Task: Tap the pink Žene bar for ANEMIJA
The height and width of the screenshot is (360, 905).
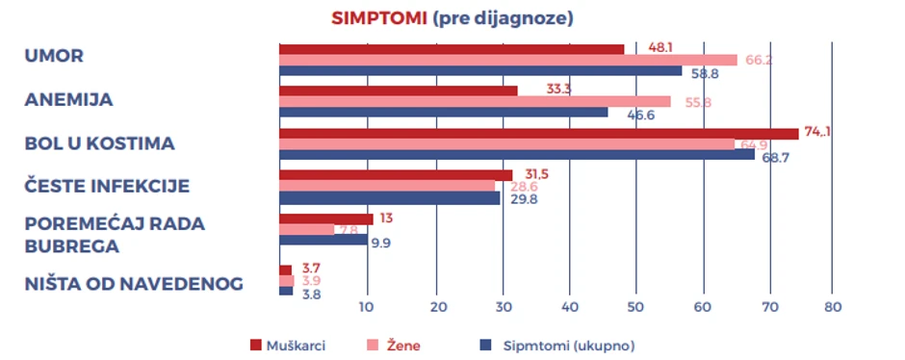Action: (474, 101)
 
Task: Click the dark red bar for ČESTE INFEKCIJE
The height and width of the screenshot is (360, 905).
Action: (395, 175)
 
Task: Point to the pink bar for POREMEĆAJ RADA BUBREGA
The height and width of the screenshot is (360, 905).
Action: (306, 230)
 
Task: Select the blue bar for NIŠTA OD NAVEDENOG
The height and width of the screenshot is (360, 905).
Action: (286, 291)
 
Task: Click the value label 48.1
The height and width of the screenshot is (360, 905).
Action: (659, 46)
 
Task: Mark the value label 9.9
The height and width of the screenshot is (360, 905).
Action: (380, 243)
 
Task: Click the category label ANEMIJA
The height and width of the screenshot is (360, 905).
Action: (68, 100)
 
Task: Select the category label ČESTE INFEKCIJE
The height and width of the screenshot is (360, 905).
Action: (107, 186)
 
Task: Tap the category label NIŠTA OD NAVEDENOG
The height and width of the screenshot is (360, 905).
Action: (133, 283)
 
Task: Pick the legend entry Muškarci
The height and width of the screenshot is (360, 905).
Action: (289, 345)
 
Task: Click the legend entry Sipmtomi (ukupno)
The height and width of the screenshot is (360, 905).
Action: (564, 345)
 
